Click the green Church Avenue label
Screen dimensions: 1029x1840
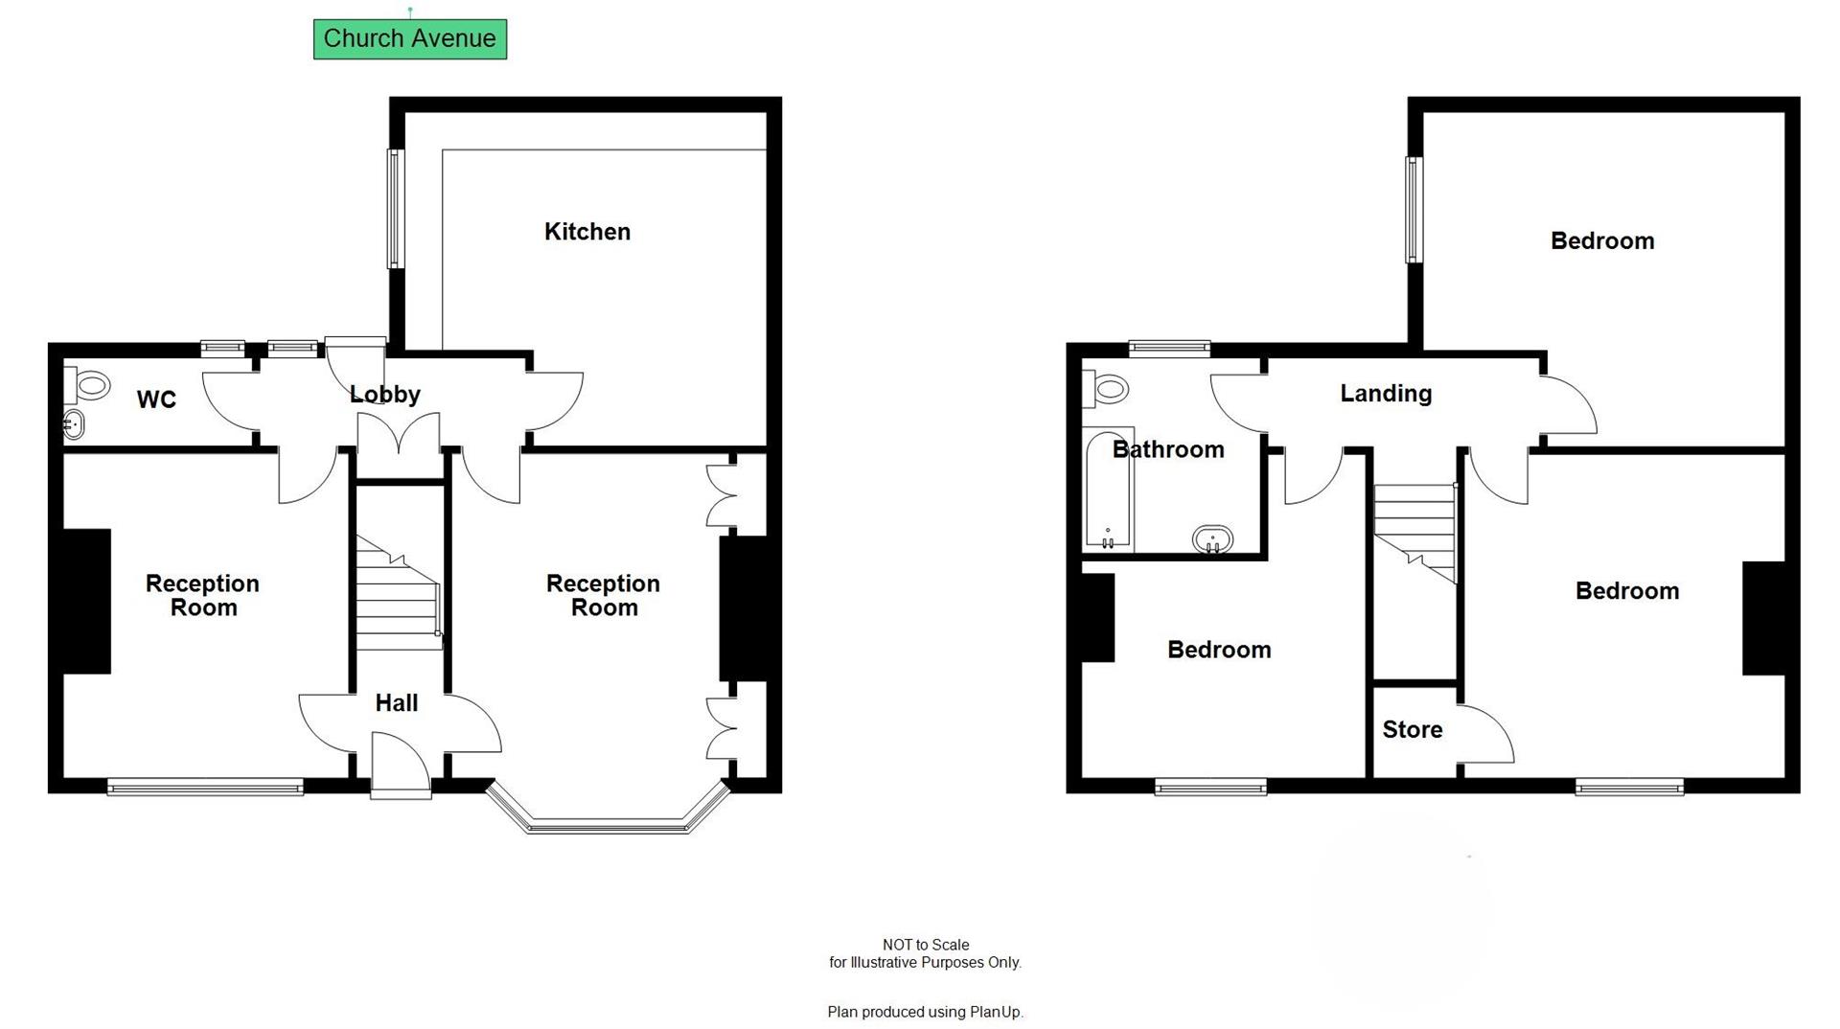(409, 39)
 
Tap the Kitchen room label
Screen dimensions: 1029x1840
(586, 232)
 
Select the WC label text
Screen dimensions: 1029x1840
(156, 400)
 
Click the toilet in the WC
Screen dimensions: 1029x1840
(88, 387)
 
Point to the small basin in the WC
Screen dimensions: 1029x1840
(74, 423)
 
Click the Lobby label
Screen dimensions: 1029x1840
(384, 395)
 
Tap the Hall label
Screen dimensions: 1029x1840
(396, 703)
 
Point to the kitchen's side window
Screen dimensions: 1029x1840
(394, 208)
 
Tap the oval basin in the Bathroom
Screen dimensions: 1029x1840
(1212, 539)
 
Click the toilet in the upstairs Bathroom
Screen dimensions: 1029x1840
(1106, 388)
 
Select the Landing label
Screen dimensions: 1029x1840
(1385, 394)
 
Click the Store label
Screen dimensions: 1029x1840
(1412, 730)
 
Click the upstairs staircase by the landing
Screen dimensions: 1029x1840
(1414, 532)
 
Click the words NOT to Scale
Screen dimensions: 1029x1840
(925, 945)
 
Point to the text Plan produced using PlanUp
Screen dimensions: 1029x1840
(925, 1012)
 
